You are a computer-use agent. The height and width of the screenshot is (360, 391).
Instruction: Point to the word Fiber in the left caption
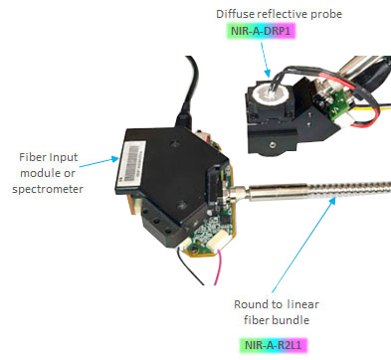click(x=34, y=156)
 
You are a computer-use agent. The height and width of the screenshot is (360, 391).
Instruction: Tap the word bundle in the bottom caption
click(x=289, y=321)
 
